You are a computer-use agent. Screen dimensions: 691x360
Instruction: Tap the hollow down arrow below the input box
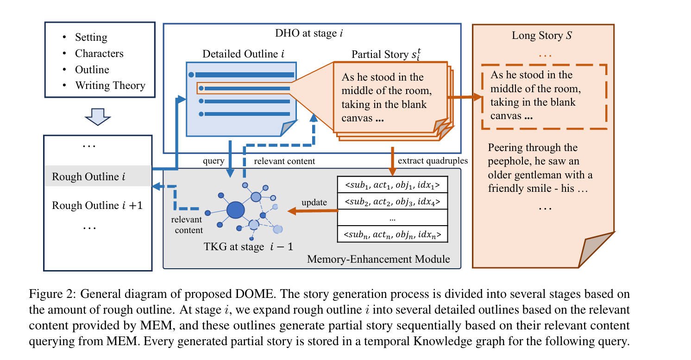[98, 117]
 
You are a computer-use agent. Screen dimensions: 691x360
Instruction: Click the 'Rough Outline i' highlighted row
[98, 176]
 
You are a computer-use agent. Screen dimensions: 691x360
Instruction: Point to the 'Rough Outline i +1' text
[97, 205]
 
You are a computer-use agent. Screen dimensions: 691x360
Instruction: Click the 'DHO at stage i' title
[309, 33]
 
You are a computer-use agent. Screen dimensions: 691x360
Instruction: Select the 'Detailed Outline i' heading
[243, 54]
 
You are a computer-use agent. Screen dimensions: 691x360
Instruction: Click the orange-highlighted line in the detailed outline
[244, 88]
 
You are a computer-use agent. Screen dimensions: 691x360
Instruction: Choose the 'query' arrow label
[214, 161]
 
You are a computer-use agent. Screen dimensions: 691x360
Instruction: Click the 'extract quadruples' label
[433, 160]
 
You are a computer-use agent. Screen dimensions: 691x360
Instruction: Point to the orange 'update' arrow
[313, 211]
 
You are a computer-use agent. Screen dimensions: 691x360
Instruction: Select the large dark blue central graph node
[236, 210]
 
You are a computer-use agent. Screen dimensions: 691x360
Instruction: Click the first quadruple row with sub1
[392, 185]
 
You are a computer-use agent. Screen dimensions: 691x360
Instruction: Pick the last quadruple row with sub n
[392, 234]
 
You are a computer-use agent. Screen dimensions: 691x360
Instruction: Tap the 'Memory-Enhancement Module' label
[378, 259]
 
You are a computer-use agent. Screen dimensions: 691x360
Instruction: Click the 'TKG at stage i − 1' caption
[248, 246]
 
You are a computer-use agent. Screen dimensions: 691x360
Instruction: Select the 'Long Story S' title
[542, 36]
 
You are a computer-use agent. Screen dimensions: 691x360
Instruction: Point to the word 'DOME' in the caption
[255, 294]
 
